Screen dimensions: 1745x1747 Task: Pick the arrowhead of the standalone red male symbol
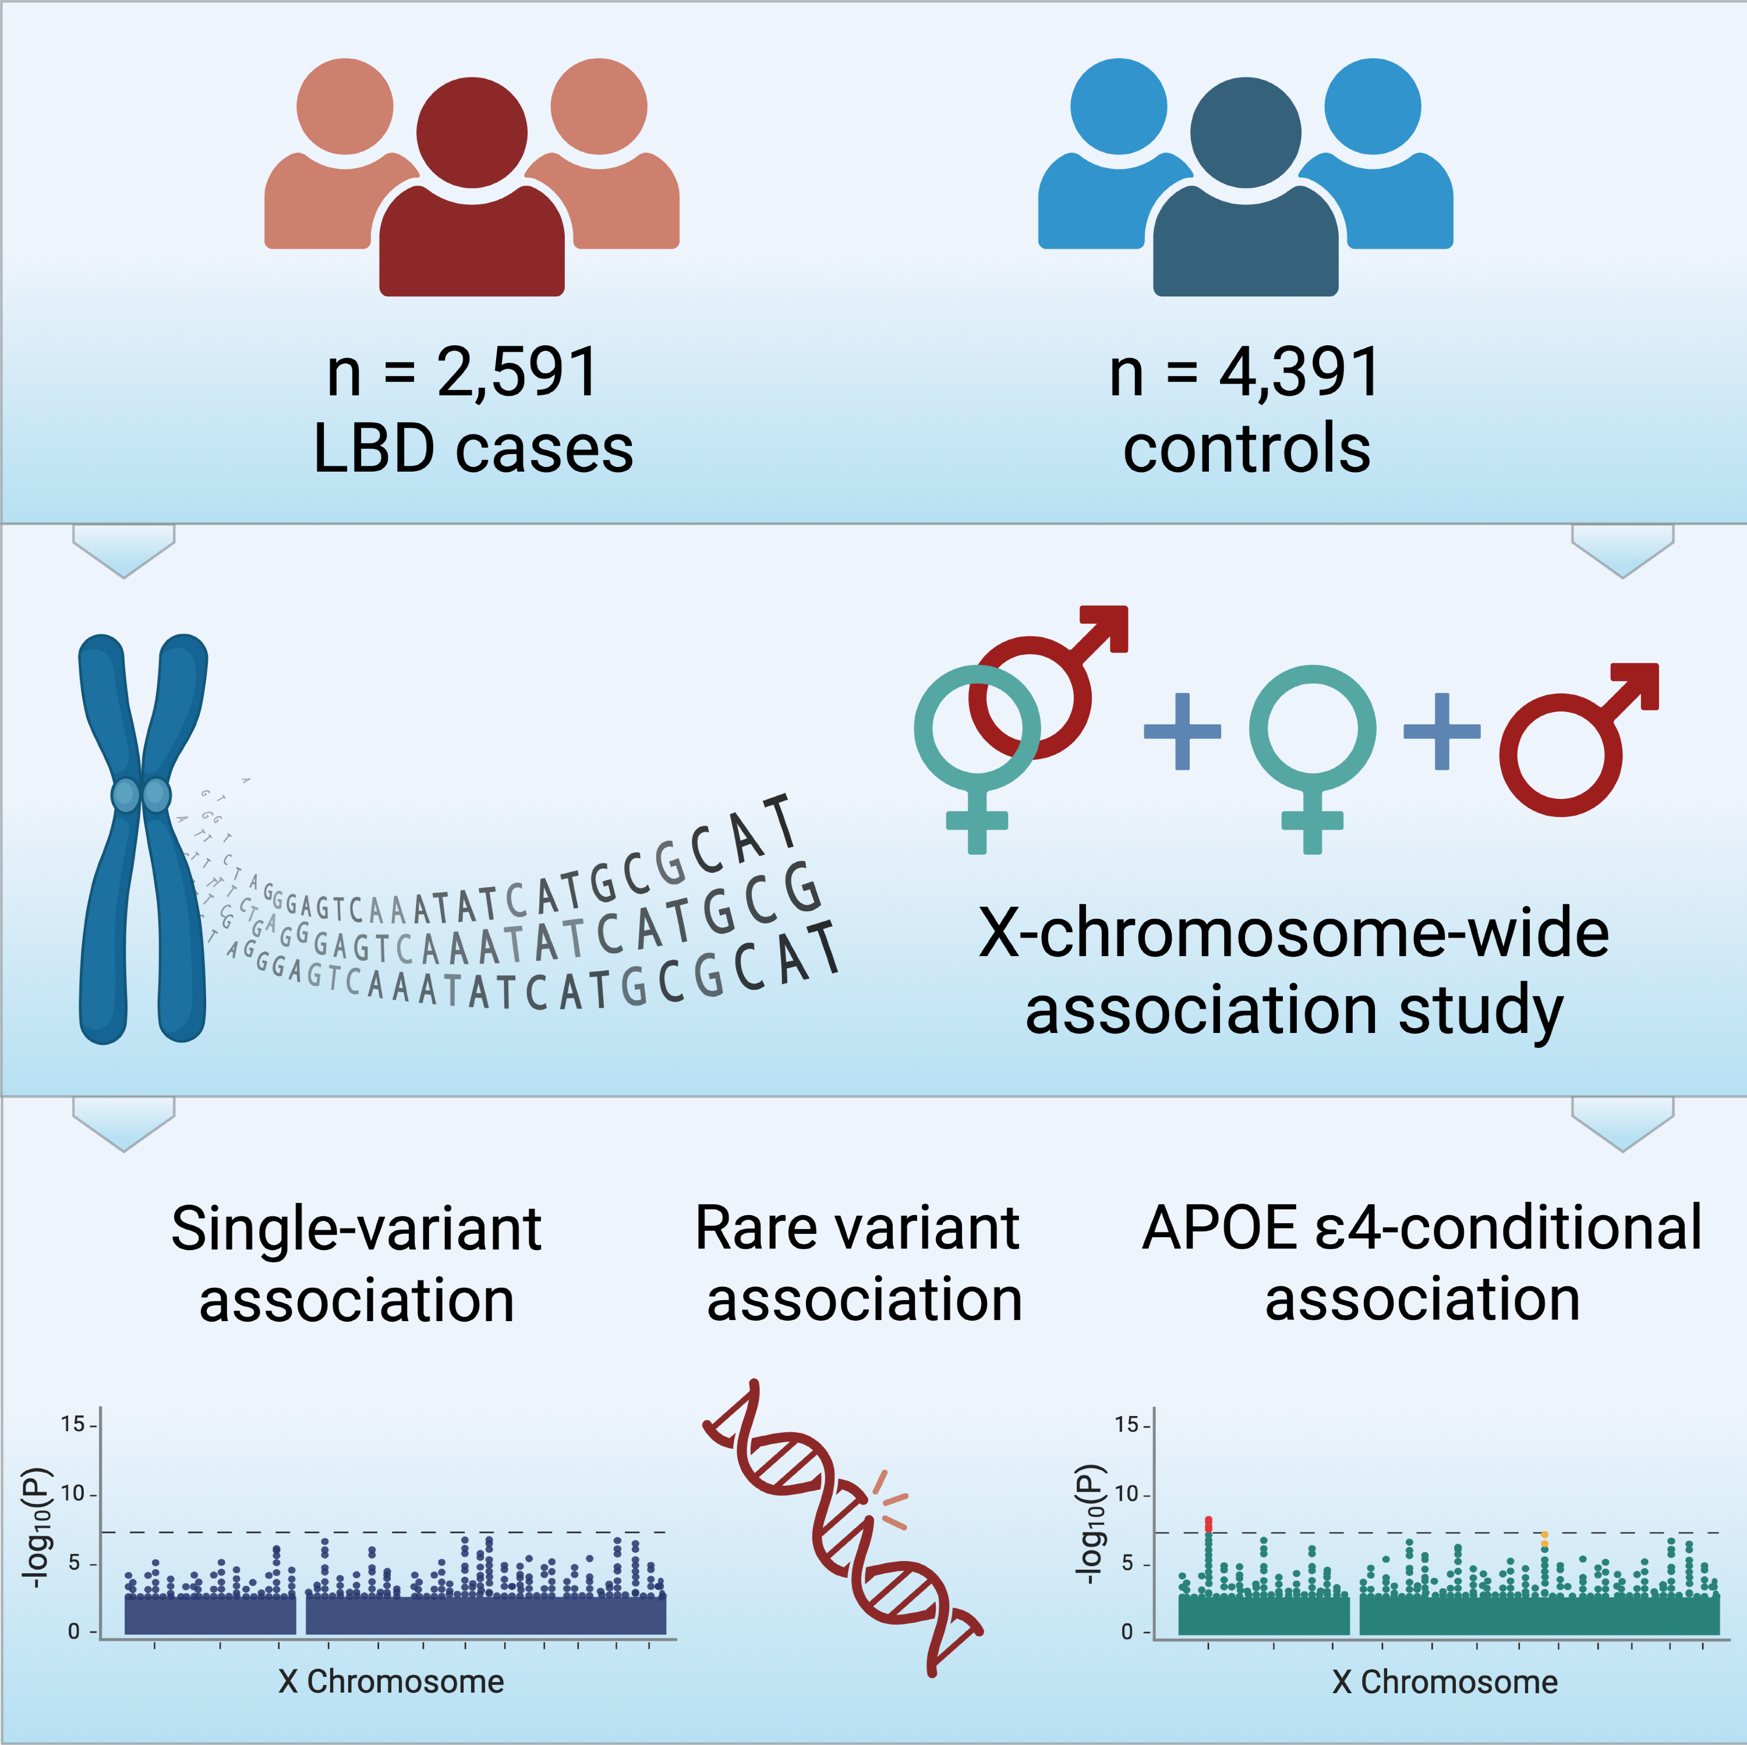point(1638,685)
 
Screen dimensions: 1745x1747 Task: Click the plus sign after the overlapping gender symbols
point(1182,731)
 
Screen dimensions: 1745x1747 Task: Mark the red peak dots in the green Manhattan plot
point(1208,1524)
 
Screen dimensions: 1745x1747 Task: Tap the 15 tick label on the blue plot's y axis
point(72,1424)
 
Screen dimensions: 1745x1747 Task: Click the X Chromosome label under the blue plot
point(391,1682)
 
